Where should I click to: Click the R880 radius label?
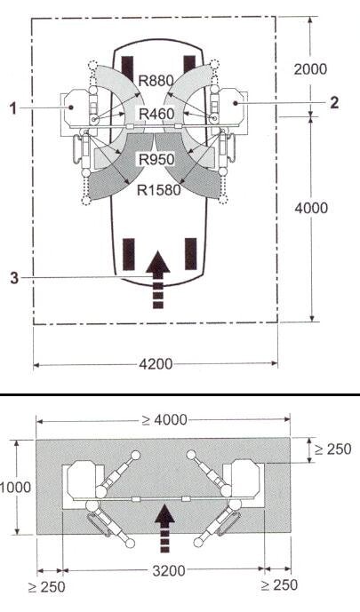156,81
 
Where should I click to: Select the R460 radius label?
156,115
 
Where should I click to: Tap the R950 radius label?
156,159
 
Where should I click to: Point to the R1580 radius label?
159,190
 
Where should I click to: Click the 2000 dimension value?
310,69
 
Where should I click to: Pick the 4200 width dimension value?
156,364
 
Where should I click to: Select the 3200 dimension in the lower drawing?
169,571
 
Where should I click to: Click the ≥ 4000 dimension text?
164,420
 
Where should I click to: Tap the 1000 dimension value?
15,487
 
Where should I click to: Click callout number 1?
13,108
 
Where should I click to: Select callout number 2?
334,103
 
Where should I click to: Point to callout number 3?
14,278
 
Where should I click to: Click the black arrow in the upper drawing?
157,280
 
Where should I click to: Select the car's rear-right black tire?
190,254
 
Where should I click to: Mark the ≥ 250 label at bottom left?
47,586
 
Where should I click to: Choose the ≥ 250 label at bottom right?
279,585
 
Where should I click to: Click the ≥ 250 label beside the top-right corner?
333,449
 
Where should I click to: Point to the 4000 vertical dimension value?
311,208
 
